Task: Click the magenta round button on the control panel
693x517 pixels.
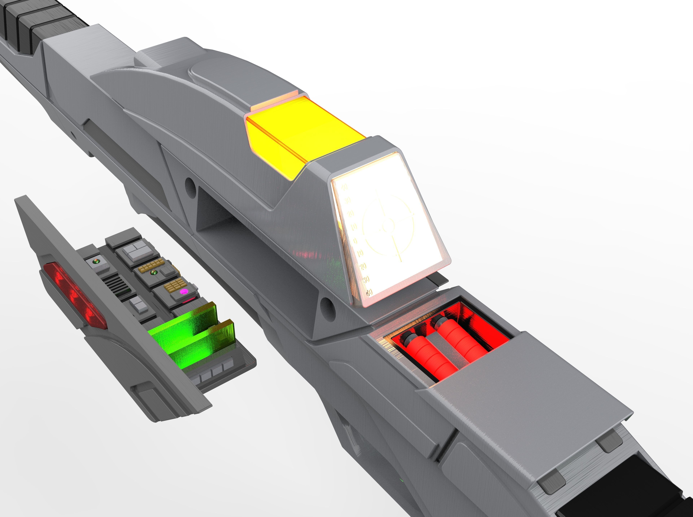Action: pyautogui.click(x=184, y=292)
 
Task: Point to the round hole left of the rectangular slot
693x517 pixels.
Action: pyautogui.click(x=189, y=185)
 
